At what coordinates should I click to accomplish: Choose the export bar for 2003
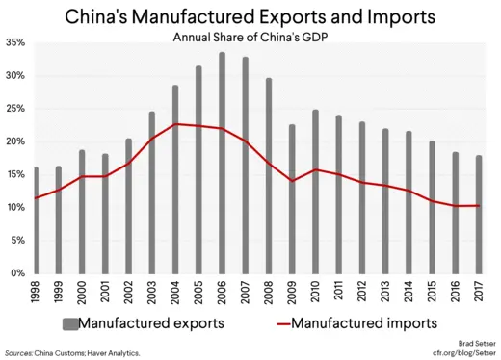tap(152, 193)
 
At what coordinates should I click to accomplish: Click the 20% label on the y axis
tap(14, 141)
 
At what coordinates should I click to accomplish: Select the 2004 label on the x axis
tap(176, 292)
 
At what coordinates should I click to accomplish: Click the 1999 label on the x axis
tap(59, 292)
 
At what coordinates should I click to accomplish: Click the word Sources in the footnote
tap(20, 353)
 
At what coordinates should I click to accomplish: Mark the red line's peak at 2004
tap(176, 124)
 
